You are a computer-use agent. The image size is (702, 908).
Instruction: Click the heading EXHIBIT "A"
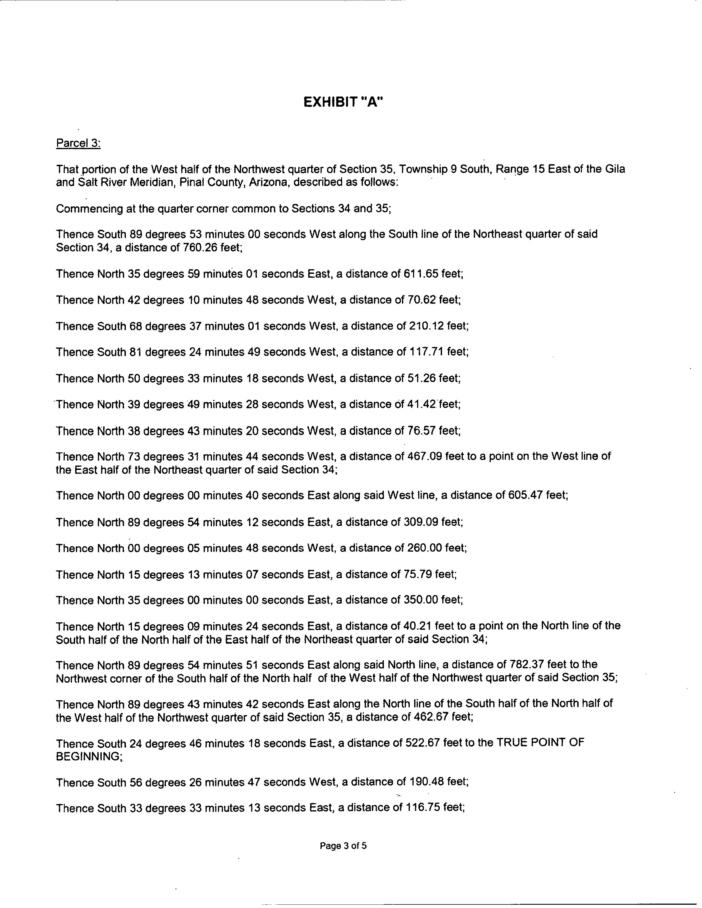(343, 102)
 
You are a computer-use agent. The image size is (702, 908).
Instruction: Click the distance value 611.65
(420, 274)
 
